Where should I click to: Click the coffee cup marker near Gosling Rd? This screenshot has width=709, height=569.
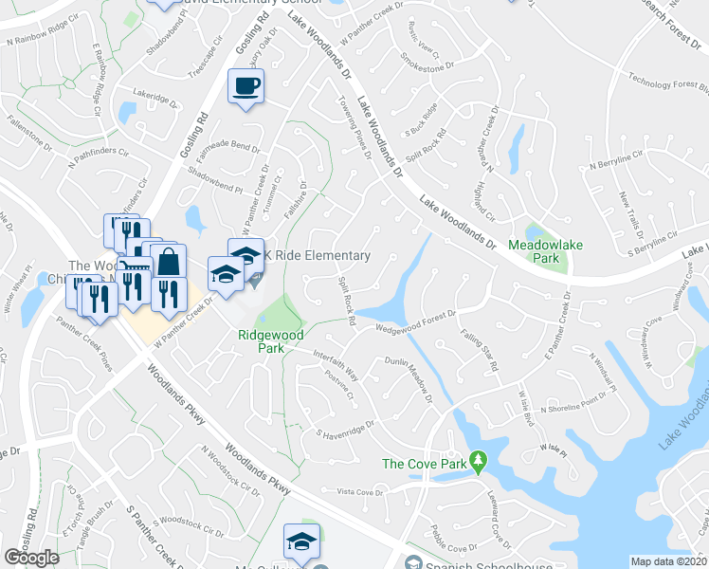[246, 88]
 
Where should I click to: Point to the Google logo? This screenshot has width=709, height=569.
[32, 557]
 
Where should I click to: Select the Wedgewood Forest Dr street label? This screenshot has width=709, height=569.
[418, 321]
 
